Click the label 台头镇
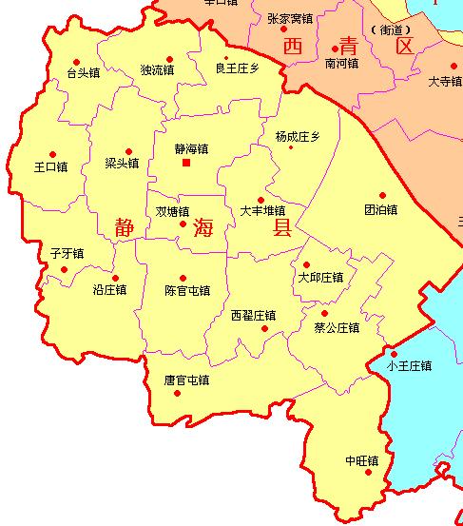point(82,73)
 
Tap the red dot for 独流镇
point(169,58)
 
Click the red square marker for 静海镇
point(186,163)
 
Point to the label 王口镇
point(50,167)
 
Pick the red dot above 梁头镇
point(128,151)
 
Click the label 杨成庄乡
point(298,136)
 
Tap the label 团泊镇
point(380,209)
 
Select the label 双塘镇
point(172,211)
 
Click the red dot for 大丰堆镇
point(260,199)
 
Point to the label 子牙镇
point(67,253)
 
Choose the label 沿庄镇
point(109,290)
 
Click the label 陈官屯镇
point(187,290)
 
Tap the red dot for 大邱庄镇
point(306,265)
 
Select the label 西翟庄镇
point(253,315)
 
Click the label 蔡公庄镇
point(337,328)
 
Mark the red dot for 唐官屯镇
point(177,393)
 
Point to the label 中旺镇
point(361,460)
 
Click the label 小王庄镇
point(409,365)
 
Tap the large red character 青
point(349,45)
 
